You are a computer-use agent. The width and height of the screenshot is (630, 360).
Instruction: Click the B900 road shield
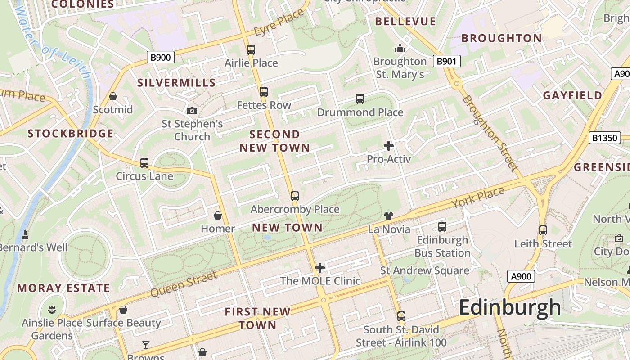point(160,57)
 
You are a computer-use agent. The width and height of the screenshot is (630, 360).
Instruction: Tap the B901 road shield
point(447,61)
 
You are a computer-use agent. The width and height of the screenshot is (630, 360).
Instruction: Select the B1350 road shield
point(605,138)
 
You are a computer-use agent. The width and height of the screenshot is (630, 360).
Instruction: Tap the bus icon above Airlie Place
point(251,50)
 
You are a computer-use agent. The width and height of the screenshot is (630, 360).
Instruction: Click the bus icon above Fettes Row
point(264,92)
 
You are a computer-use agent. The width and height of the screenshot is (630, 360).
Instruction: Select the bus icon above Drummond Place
point(360,99)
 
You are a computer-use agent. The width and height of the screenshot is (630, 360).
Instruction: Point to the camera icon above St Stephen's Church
point(192,111)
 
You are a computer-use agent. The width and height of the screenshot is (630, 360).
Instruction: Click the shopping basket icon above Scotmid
point(113,96)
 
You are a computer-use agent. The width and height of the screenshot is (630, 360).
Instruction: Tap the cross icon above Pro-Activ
point(389,146)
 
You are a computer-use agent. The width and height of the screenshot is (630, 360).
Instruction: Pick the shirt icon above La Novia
point(389,216)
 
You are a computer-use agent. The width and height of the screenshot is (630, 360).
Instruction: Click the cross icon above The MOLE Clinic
point(320,268)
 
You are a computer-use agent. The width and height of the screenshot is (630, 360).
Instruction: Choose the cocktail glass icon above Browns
point(146,345)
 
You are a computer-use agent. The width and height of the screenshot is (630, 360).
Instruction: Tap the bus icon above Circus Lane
point(144,163)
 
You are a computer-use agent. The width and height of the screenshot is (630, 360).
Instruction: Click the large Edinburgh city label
point(510,308)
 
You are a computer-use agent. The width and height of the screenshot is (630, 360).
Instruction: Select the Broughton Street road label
point(488,133)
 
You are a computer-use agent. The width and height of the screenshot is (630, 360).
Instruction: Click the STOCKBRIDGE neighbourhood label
point(71,134)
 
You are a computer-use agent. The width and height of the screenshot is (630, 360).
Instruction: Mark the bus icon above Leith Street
point(543,230)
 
